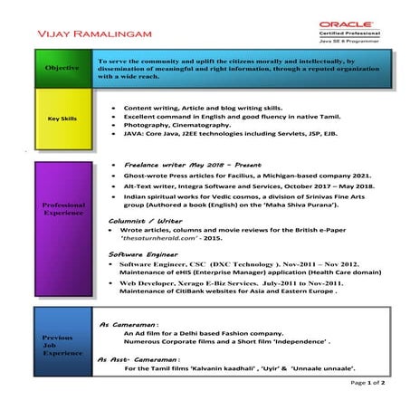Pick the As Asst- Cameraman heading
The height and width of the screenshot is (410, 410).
tap(141, 360)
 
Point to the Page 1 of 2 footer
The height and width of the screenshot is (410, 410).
tap(370, 383)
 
